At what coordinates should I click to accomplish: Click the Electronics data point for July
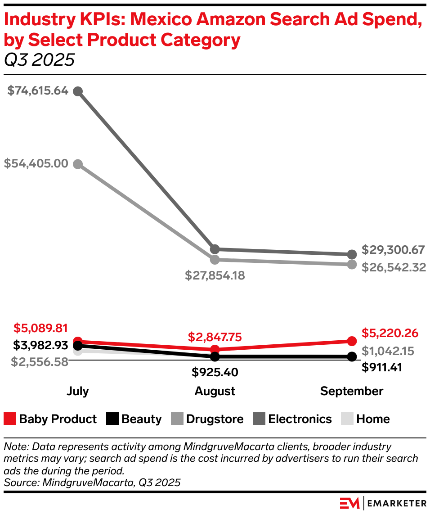tap(78, 91)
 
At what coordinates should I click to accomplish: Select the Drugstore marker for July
tap(78, 164)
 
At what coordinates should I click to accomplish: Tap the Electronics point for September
tap(352, 254)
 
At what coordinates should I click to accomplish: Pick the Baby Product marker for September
tap(352, 341)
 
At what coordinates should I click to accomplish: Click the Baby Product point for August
tap(215, 349)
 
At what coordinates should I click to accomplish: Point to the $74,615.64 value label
tap(38, 90)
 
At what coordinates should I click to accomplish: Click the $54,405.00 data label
tap(36, 163)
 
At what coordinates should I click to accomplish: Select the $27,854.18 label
tap(215, 275)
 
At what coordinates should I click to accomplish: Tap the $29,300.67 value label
tap(393, 250)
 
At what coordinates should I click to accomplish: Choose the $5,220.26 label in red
tap(390, 333)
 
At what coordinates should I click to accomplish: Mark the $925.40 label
tap(215, 372)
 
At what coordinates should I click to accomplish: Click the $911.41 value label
tap(382, 367)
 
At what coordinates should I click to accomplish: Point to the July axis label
tap(78, 391)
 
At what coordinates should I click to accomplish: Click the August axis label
tap(215, 391)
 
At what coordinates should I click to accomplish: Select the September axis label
tap(352, 391)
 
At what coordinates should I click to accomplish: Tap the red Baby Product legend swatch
tap(10, 419)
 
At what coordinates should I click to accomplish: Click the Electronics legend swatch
tap(259, 419)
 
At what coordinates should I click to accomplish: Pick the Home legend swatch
tap(347, 419)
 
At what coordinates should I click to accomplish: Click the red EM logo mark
tap(349, 503)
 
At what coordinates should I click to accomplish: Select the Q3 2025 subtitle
tap(39, 60)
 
